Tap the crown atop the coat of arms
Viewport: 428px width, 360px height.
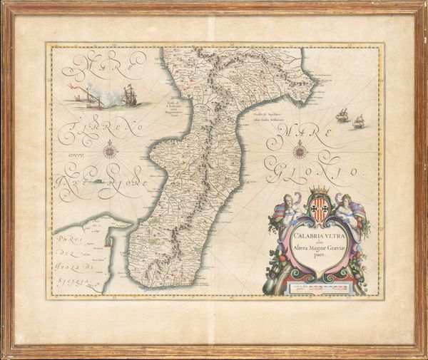[x=319, y=190]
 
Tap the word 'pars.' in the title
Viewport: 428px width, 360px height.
[x=300, y=253]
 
